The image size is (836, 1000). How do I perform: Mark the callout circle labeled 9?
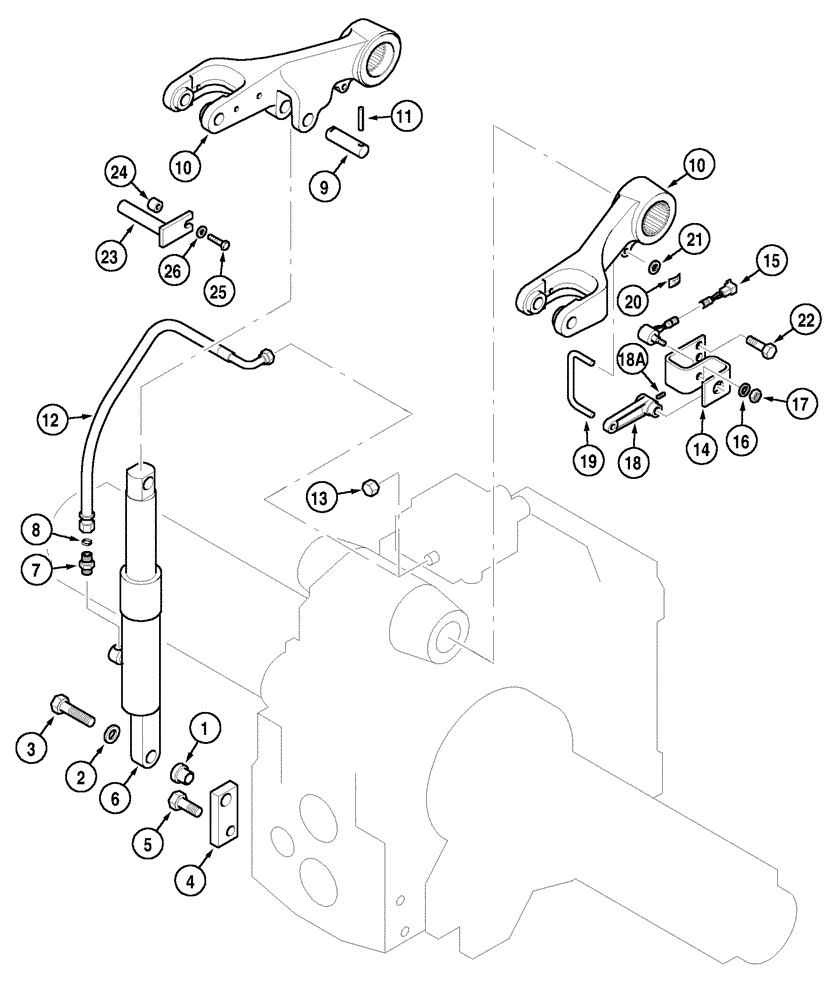[x=324, y=187]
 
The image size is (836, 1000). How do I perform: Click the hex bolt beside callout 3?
[x=70, y=710]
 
